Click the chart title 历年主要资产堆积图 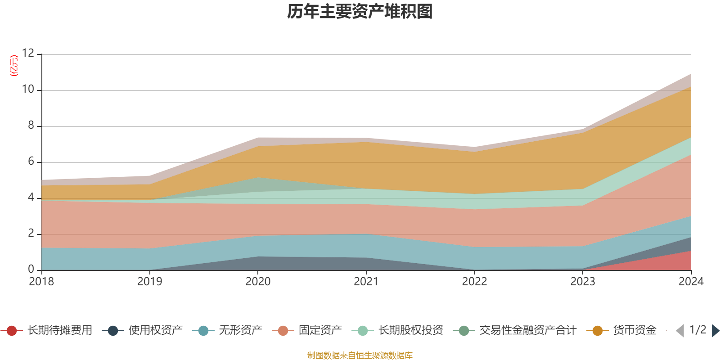click(x=360, y=12)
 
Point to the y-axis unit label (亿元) click(x=14, y=66)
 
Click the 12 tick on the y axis click(x=28, y=53)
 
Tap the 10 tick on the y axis click(x=28, y=90)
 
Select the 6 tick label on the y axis click(x=31, y=162)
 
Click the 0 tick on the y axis click(x=31, y=269)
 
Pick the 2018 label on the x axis click(x=41, y=282)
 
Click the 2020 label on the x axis click(x=258, y=282)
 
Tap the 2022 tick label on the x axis click(x=474, y=282)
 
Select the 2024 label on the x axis click(x=691, y=282)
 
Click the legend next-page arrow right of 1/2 click(x=715, y=331)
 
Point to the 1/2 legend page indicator click(x=698, y=330)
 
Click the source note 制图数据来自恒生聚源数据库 click(x=360, y=355)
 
